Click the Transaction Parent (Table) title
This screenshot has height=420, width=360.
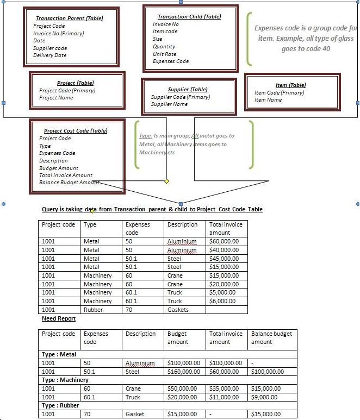[x=69, y=18]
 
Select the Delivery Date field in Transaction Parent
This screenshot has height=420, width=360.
[x=49, y=55]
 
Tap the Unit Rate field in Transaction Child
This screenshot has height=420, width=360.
[x=164, y=54]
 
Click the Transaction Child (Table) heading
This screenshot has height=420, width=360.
[x=189, y=17]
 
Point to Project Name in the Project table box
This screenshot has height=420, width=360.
[x=56, y=98]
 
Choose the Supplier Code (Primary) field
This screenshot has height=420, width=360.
[x=180, y=97]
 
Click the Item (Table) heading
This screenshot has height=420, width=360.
[x=290, y=85]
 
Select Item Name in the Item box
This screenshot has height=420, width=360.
[x=268, y=100]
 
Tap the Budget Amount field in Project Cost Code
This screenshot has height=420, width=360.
[x=59, y=168]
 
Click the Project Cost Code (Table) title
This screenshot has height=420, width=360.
[x=76, y=131]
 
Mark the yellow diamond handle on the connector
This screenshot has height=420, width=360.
[x=166, y=181]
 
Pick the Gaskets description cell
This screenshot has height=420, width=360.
[x=178, y=310]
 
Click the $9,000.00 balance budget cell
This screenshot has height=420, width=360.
[x=266, y=397]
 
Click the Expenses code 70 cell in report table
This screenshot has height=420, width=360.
[x=87, y=414]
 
